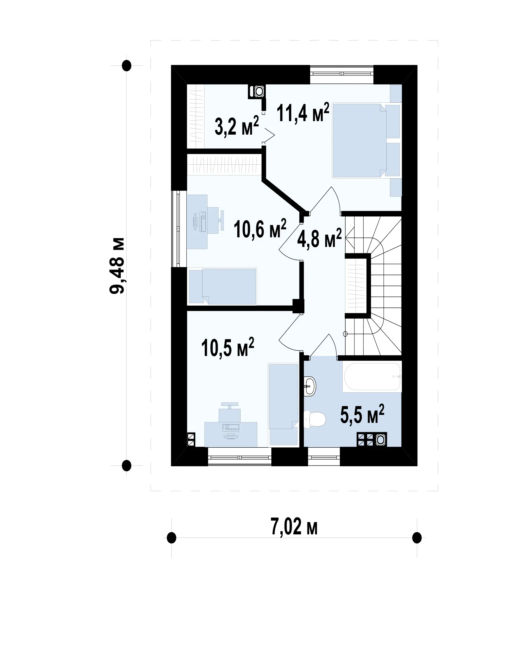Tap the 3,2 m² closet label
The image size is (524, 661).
(x=237, y=126)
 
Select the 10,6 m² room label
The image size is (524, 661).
(x=260, y=229)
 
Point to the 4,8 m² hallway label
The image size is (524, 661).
(x=319, y=238)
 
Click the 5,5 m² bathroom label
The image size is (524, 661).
(x=362, y=414)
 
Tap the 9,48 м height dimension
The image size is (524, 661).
(x=117, y=265)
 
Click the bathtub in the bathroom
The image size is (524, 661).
(x=372, y=377)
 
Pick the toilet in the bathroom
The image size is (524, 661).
(x=315, y=419)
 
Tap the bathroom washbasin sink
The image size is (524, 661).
(x=310, y=386)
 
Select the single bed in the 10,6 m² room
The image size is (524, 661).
(x=222, y=286)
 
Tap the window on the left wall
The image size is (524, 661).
(x=178, y=229)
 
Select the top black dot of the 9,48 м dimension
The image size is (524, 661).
(x=127, y=66)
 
